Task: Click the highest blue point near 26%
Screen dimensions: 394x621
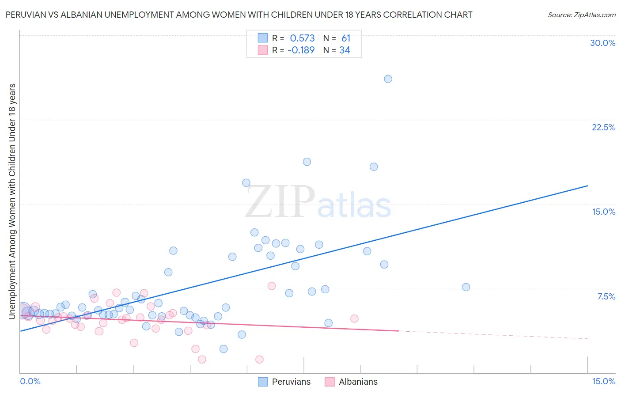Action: [x=388, y=79]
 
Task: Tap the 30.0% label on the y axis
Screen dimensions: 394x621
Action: [x=602, y=43]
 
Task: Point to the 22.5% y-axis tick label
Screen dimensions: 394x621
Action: [x=603, y=127]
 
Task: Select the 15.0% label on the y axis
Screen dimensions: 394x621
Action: [x=603, y=212]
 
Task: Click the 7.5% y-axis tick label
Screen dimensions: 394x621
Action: [x=606, y=296]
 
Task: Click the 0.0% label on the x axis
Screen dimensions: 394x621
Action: [x=30, y=381]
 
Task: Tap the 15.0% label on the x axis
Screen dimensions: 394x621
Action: [x=603, y=381]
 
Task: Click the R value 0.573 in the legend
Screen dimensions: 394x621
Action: [x=302, y=38]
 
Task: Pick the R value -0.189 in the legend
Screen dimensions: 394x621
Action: [x=301, y=50]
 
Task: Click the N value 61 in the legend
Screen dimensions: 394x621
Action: [x=345, y=38]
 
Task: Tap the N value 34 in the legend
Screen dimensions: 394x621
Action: [x=345, y=50]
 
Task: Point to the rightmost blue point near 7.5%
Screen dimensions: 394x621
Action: [x=466, y=287]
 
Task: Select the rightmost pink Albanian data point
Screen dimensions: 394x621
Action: [x=354, y=318]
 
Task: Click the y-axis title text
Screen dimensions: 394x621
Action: [x=12, y=201]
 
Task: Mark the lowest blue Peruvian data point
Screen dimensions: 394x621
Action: [x=223, y=349]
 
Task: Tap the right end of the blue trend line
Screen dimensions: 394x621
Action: [x=587, y=186]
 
